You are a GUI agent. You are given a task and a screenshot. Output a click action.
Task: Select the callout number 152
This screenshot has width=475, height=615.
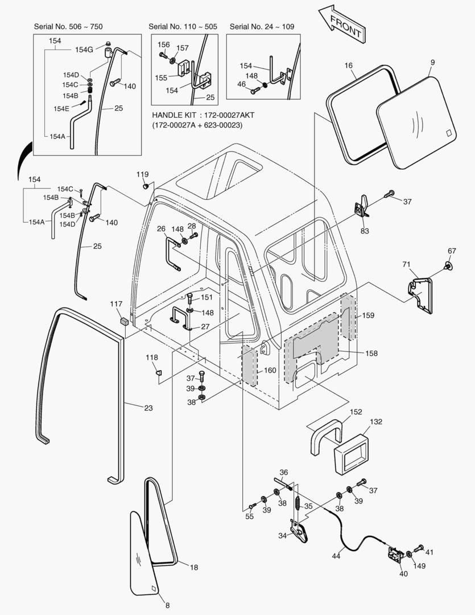356,412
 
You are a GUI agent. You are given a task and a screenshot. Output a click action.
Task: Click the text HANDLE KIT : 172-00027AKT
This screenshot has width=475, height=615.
203,115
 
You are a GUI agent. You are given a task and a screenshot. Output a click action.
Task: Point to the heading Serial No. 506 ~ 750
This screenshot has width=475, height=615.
68,27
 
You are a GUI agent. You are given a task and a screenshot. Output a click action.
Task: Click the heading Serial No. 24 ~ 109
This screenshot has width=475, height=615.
262,27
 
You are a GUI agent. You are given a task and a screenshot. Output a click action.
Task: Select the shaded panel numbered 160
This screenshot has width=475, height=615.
250,365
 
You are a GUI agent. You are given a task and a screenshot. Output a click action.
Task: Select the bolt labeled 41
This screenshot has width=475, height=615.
420,548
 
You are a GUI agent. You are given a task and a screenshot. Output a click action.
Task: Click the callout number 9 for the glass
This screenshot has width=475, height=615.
431,61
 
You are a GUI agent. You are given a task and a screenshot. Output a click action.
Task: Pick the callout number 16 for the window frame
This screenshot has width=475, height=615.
348,65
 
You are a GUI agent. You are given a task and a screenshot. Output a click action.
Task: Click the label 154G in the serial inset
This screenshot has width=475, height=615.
84,50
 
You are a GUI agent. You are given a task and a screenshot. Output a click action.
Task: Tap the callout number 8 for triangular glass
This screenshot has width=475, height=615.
167,605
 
